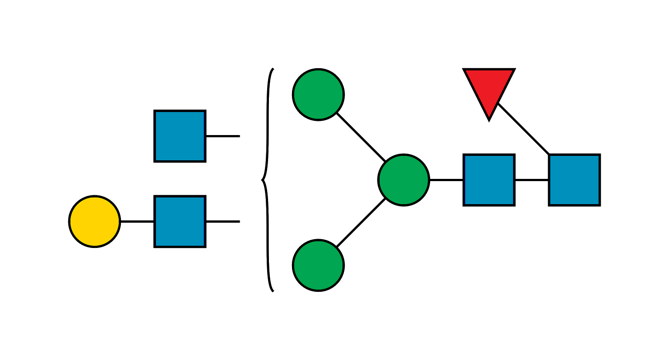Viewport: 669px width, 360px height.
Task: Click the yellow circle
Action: (94, 221)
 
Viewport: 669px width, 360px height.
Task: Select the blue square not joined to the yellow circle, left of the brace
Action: (180, 136)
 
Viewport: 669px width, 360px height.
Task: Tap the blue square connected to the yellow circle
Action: (180, 221)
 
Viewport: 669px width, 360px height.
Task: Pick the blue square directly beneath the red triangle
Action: (489, 180)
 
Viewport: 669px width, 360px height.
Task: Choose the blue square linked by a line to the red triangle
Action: (574, 180)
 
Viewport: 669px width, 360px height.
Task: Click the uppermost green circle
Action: (318, 94)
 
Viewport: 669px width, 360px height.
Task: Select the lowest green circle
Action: (318, 265)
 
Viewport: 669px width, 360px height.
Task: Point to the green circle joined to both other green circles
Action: (404, 180)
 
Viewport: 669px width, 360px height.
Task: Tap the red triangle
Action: (489, 89)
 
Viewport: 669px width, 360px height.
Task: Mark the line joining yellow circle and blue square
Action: (137, 221)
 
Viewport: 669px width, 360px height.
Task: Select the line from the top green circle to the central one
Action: (360, 137)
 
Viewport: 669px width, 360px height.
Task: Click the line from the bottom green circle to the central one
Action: (360, 223)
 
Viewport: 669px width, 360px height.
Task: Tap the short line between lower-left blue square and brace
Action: (223, 221)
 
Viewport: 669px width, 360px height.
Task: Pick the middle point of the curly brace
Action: (262, 180)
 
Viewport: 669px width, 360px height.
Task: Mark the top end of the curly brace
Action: (273, 69)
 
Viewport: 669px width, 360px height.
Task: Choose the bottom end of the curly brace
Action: (273, 291)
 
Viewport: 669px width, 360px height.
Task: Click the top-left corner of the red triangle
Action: (463, 69)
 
